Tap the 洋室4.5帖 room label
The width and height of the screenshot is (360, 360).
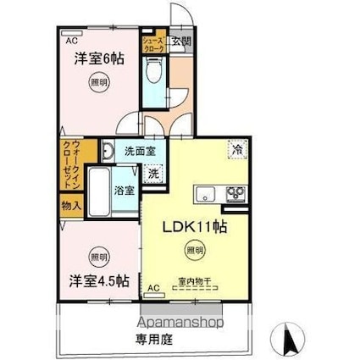(x=98, y=280)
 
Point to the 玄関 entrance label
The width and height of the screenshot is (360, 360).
(x=180, y=40)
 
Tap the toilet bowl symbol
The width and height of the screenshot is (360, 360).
(x=152, y=75)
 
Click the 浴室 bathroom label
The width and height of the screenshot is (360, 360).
(x=125, y=190)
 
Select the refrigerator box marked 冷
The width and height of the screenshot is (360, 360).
(x=238, y=148)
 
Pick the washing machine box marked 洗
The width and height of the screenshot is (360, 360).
(x=153, y=174)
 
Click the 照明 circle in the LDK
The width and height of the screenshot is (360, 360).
(x=195, y=250)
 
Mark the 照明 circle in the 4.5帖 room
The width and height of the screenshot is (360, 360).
(x=99, y=256)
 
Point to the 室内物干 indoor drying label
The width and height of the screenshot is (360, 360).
(x=194, y=280)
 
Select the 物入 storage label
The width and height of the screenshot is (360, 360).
(x=70, y=205)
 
